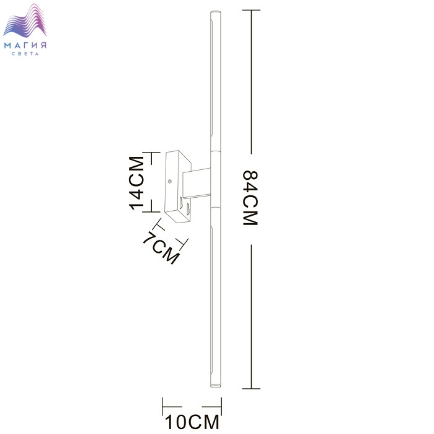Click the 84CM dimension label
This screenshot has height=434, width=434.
[x=250, y=198]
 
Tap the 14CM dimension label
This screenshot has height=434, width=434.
[x=136, y=184]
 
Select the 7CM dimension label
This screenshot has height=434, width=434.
[x=161, y=248]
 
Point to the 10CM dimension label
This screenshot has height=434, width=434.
[x=192, y=422]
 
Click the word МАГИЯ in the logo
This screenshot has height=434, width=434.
[x=25, y=45]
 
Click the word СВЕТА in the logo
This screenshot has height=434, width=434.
[x=25, y=54]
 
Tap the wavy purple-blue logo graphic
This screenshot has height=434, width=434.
[x=25, y=20]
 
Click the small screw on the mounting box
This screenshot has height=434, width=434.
[x=170, y=181]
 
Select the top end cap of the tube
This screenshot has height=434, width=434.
[x=216, y=12]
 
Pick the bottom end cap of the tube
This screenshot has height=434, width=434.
[x=216, y=385]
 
